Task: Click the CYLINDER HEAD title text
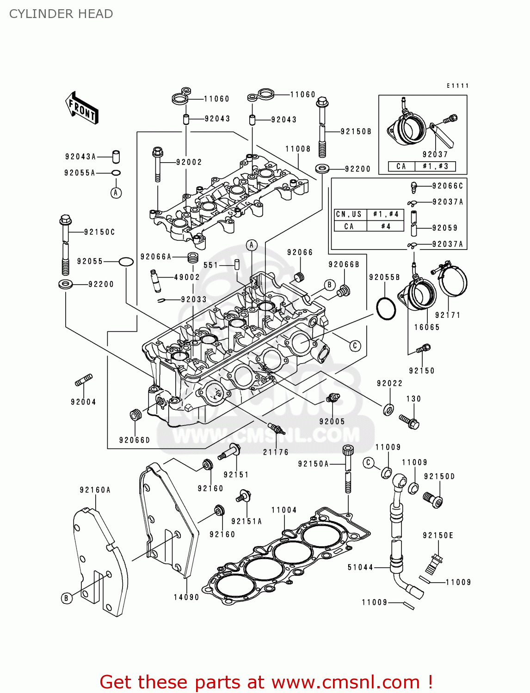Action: (61, 14)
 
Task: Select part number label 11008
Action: (298, 149)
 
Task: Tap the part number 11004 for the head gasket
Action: (284, 510)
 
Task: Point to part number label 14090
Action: (186, 597)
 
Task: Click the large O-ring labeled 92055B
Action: (386, 309)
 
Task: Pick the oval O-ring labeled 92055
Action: (126, 262)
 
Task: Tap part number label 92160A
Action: (95, 490)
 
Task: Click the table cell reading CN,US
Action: (350, 214)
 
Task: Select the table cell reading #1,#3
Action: (435, 166)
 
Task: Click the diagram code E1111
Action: (457, 85)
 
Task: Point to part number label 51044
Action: (360, 567)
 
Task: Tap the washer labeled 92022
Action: (388, 409)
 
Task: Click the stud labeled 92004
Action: (84, 381)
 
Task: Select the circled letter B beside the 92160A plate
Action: (66, 598)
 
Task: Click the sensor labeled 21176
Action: (276, 428)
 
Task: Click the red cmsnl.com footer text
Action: (266, 682)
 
